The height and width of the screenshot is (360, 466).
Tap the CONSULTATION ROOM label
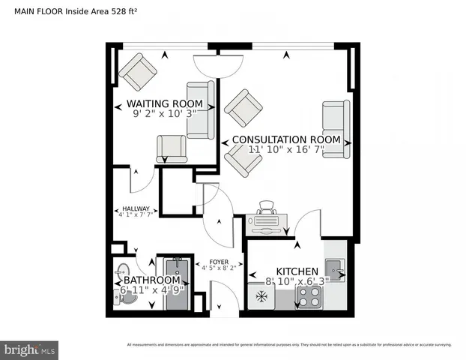click(x=286, y=139)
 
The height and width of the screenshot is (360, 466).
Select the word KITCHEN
click(x=297, y=271)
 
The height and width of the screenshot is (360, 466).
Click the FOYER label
click(x=218, y=262)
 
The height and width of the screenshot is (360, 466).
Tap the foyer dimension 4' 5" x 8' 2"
click(x=218, y=268)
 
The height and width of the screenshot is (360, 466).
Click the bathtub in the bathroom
click(x=178, y=283)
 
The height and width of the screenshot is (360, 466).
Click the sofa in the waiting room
click(x=200, y=109)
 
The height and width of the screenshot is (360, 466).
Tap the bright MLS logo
click(x=30, y=349)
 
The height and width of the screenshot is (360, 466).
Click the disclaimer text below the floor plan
click(x=288, y=345)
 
